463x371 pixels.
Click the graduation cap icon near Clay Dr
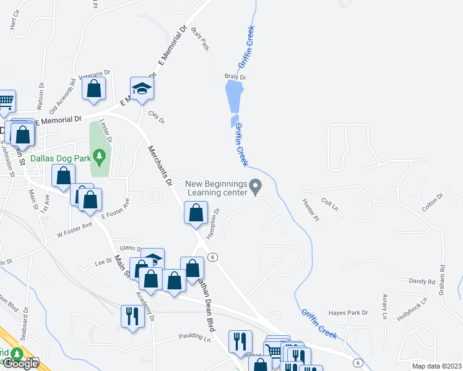tap(142, 88)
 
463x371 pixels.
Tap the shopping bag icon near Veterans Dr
tap(94, 88)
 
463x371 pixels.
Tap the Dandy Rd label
tap(422, 281)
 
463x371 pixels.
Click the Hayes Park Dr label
tap(348, 313)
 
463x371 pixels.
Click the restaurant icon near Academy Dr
tap(132, 316)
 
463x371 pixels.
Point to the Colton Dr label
tap(432, 205)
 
